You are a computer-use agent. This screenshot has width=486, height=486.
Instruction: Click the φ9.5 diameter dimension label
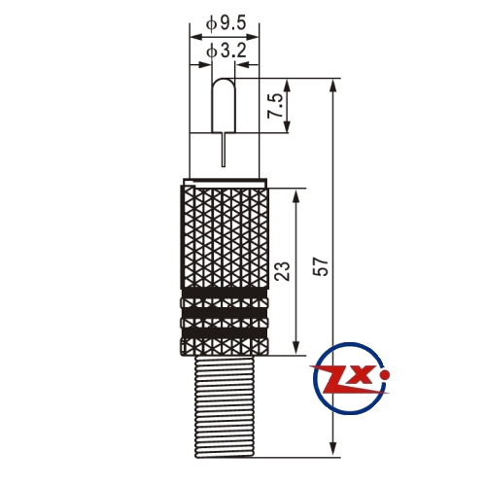[x=226, y=23]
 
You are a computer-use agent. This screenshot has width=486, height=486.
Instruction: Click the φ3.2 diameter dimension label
[x=226, y=52]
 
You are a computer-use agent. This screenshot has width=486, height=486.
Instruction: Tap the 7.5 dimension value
[x=274, y=106]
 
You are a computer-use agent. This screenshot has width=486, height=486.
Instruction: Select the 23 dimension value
[x=282, y=271]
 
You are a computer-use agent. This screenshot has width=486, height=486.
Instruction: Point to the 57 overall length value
[x=322, y=266]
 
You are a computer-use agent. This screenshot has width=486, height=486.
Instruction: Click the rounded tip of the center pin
[x=224, y=81]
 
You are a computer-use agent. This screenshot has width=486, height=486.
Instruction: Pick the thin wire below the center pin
[x=224, y=150]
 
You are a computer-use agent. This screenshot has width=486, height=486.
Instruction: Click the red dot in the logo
[x=385, y=375]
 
